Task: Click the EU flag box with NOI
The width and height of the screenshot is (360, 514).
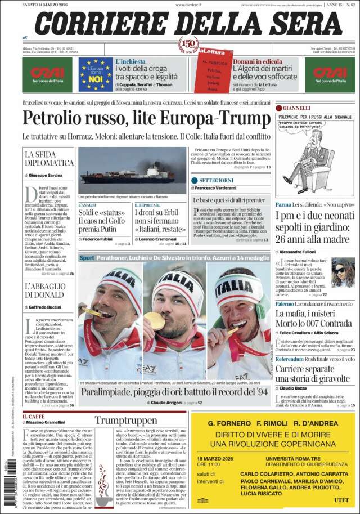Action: tap(95, 74)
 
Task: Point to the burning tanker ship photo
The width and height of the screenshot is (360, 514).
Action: tap(132, 171)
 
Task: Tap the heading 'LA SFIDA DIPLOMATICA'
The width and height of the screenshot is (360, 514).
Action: tap(49, 158)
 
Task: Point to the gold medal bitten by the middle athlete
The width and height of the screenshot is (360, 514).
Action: tap(154, 321)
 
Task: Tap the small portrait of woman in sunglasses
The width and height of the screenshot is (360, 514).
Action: tap(343, 272)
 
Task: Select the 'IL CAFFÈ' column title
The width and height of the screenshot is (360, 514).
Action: tap(33, 416)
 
